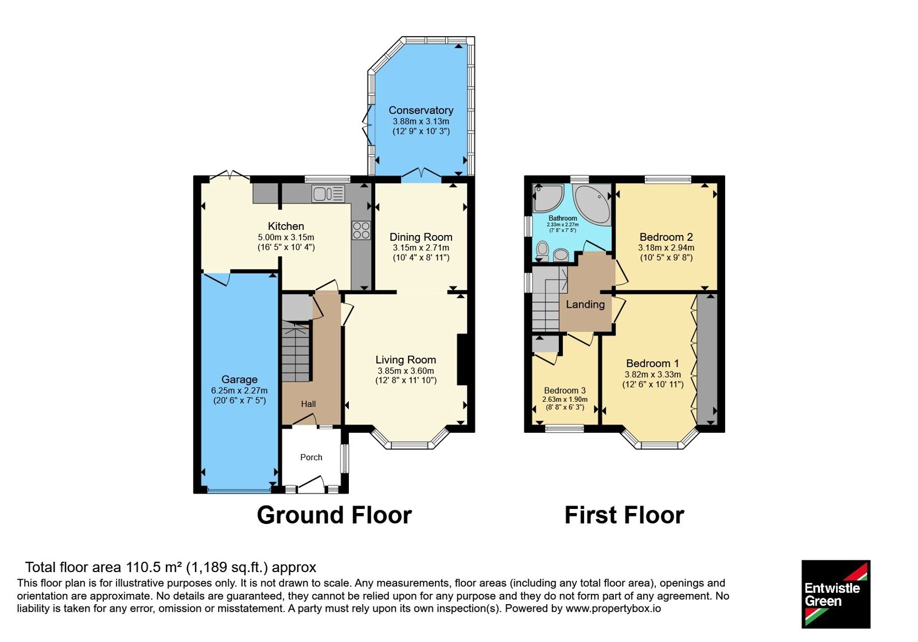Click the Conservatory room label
click(421, 110)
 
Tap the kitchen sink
click(328, 194)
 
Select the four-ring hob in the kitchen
click(361, 230)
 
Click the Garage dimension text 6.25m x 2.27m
click(239, 390)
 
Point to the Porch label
click(311, 457)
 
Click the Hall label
click(308, 404)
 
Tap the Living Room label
click(406, 360)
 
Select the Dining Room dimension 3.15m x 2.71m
click(421, 248)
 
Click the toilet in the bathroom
click(542, 250)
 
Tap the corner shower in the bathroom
click(547, 198)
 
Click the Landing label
click(585, 304)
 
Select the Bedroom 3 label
click(565, 390)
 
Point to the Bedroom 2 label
click(666, 237)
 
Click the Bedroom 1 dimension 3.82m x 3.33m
click(652, 374)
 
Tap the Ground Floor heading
click(334, 515)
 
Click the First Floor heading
click(624, 515)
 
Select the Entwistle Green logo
click(835, 594)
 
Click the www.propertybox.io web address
click(613, 608)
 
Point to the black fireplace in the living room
click(462, 359)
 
